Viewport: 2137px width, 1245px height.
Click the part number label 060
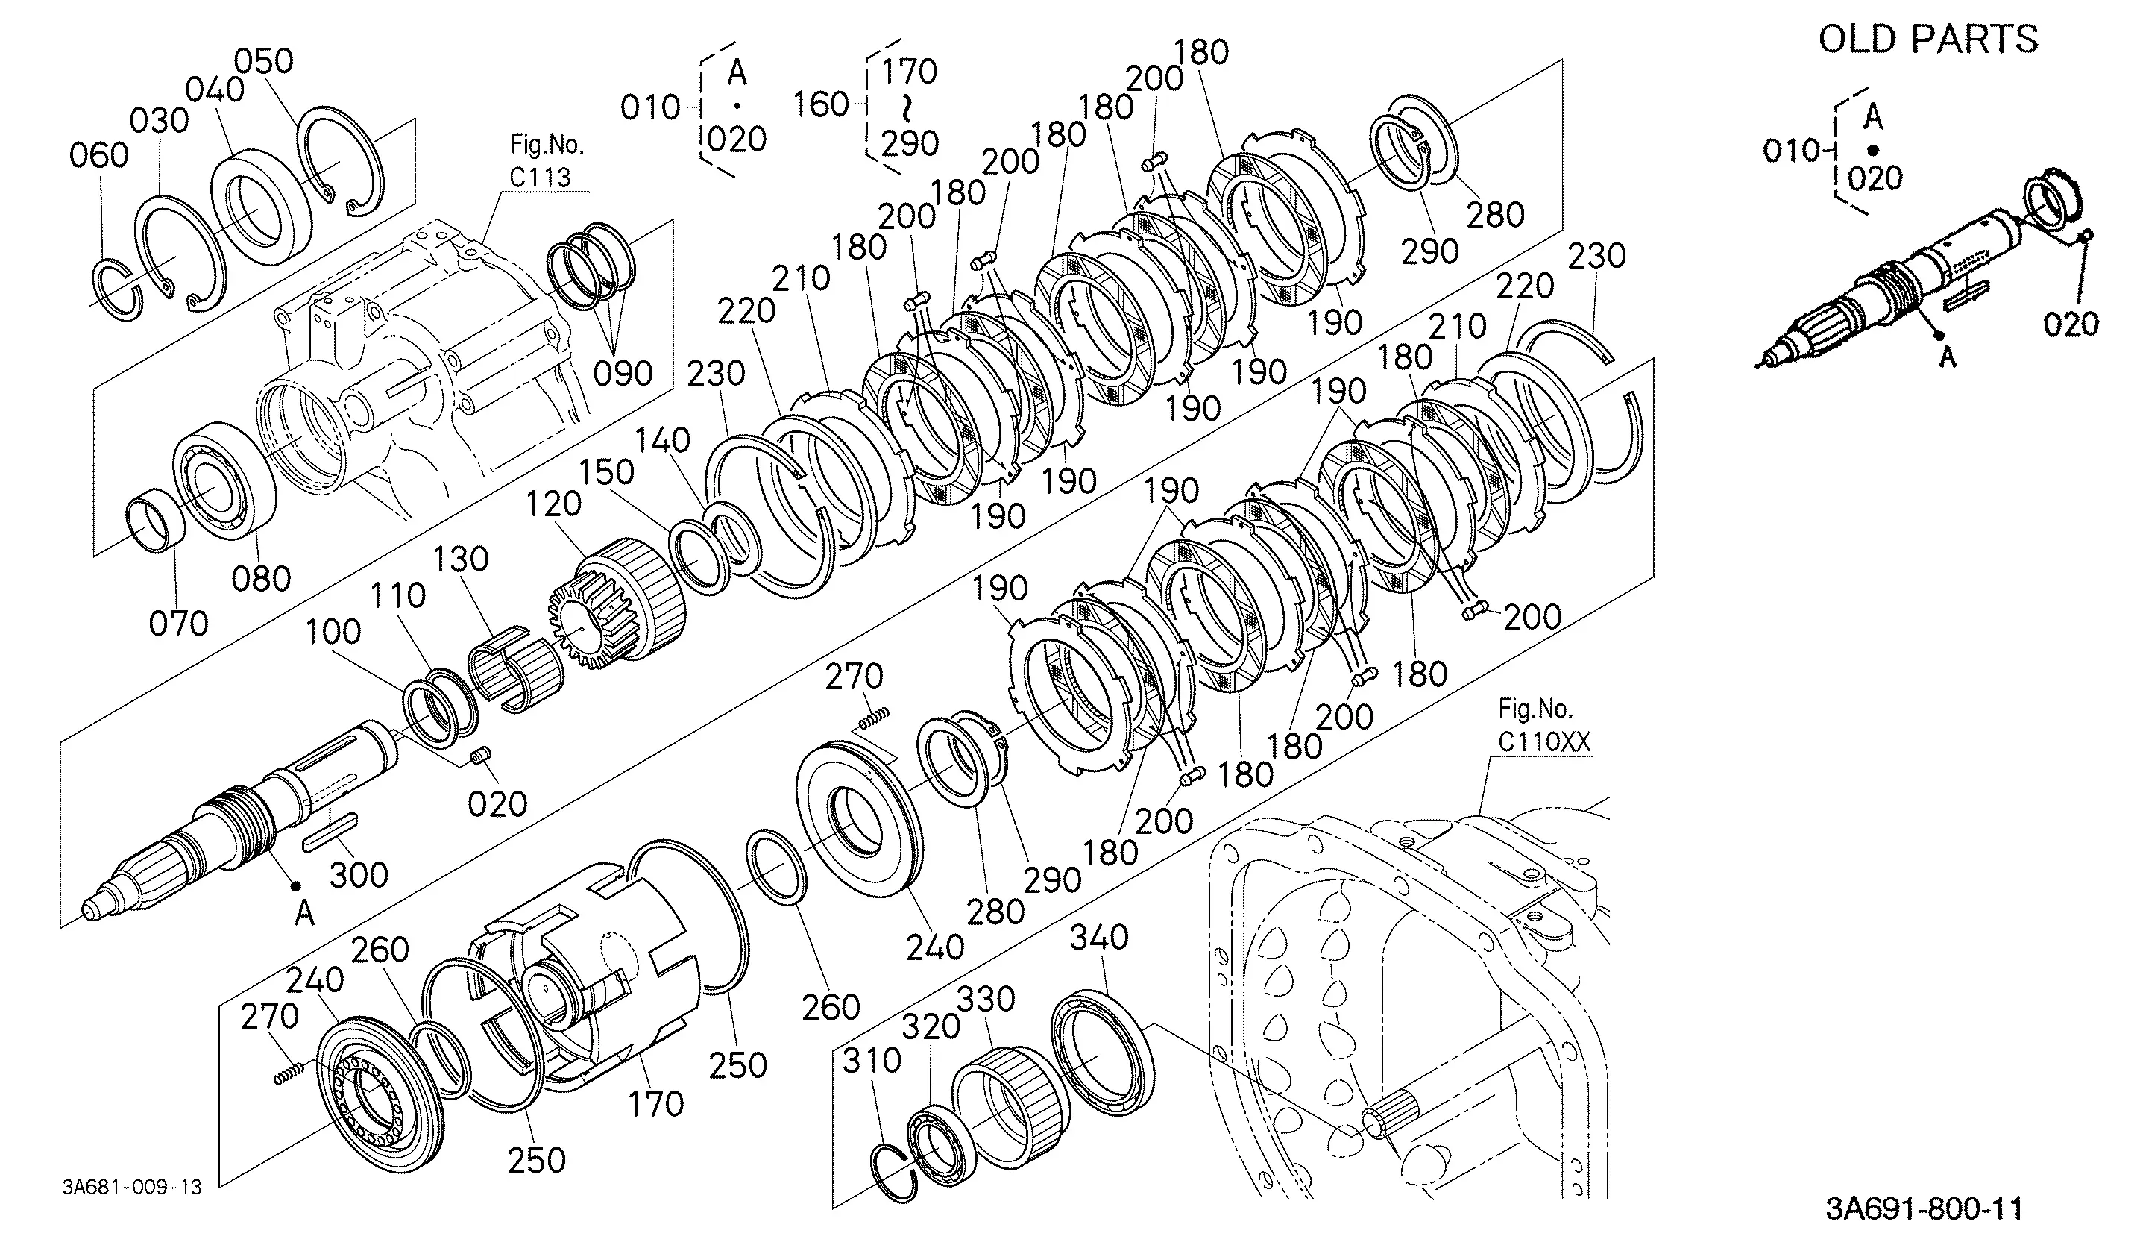99,155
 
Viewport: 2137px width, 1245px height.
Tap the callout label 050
264,61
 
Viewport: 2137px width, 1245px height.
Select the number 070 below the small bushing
178,624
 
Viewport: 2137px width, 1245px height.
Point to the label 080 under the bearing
261,580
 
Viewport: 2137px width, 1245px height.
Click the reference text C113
540,178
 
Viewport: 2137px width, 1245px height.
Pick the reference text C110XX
1544,742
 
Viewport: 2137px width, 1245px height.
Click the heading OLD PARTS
1928,40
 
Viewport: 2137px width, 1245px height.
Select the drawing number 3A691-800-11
1923,1208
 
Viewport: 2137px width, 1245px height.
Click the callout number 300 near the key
359,874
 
